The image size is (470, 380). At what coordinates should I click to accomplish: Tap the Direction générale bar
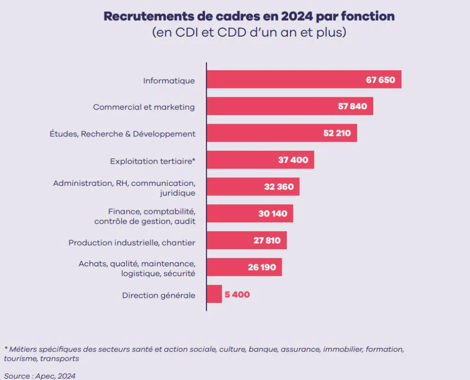pyautogui.click(x=214, y=295)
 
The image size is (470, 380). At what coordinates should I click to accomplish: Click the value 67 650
pyautogui.click(x=380, y=80)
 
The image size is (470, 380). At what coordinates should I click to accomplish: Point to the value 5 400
pyautogui.click(x=237, y=295)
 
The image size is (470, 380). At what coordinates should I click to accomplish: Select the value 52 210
pyautogui.click(x=337, y=133)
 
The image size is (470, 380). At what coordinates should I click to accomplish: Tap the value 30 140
pyautogui.click(x=273, y=214)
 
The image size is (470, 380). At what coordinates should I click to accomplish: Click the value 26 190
pyautogui.click(x=262, y=267)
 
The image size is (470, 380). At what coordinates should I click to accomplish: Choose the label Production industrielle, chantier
pyautogui.click(x=132, y=243)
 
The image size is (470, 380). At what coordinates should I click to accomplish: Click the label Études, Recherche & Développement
pyautogui.click(x=122, y=134)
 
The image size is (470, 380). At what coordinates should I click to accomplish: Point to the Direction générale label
pyautogui.click(x=158, y=296)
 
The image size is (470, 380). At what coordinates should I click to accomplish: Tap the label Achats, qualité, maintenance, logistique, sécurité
pyautogui.click(x=137, y=268)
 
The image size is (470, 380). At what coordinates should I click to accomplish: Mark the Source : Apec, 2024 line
pyautogui.click(x=39, y=376)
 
